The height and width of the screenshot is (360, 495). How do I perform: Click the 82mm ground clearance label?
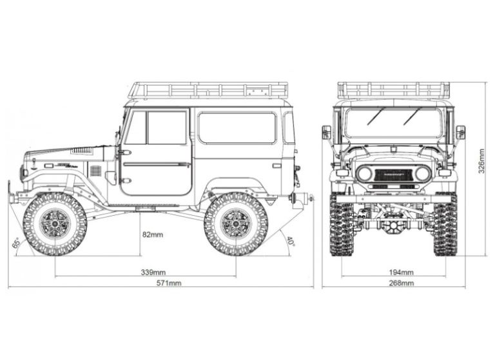[153, 234]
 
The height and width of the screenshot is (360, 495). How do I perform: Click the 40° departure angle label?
[290, 242]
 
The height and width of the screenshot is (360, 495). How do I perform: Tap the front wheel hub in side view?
[54, 222]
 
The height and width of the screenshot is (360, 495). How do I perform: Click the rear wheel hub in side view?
[235, 222]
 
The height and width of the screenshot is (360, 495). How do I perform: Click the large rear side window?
[237, 127]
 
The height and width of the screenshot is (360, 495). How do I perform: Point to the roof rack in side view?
[208, 90]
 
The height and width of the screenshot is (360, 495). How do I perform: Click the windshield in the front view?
[393, 122]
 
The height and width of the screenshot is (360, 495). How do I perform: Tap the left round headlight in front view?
[365, 173]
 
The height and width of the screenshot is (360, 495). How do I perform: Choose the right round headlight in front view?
[423, 173]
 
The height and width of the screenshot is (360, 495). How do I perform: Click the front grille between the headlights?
[394, 173]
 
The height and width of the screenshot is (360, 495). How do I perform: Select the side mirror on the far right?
[460, 132]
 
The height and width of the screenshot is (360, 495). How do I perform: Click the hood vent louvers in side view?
[82, 150]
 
